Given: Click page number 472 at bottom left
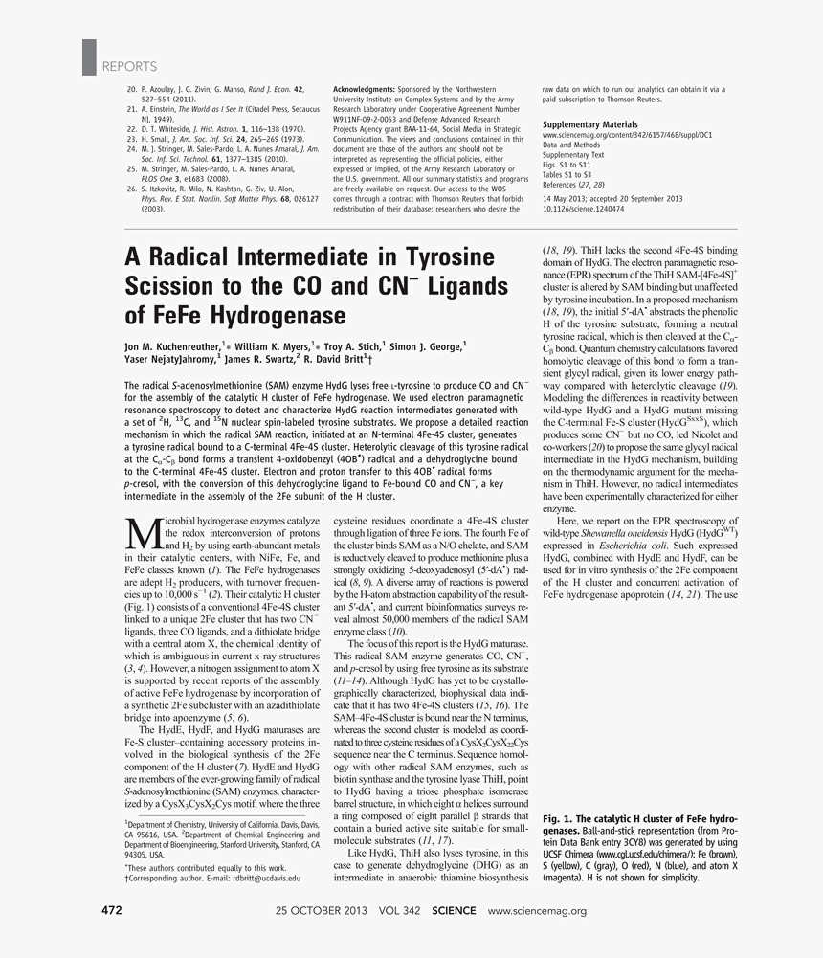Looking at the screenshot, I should pyautogui.click(x=113, y=910).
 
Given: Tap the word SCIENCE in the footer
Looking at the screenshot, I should pyautogui.click(x=455, y=911).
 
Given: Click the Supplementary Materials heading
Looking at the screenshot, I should pyautogui.click(x=589, y=125).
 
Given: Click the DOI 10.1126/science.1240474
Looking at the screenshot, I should pyautogui.click(x=583, y=208).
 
